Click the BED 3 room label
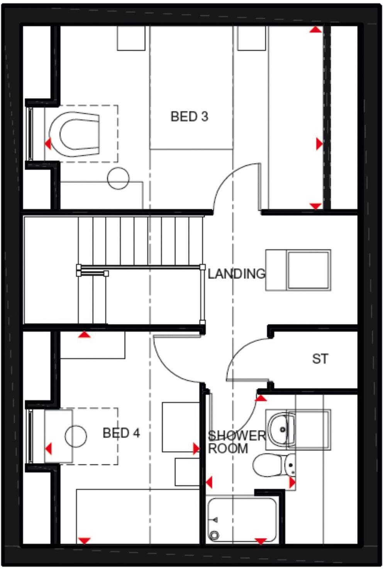[189, 116]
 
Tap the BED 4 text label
[121, 433]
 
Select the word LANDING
[236, 274]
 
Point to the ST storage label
[320, 359]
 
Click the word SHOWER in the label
[237, 436]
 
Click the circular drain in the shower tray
[214, 535]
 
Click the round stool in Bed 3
[118, 178]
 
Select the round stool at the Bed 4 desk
[76, 436]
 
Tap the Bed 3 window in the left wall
[29, 134]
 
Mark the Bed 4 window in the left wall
[29, 436]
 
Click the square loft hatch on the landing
[309, 270]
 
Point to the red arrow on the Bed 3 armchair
[47, 144]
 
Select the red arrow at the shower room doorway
[261, 397]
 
